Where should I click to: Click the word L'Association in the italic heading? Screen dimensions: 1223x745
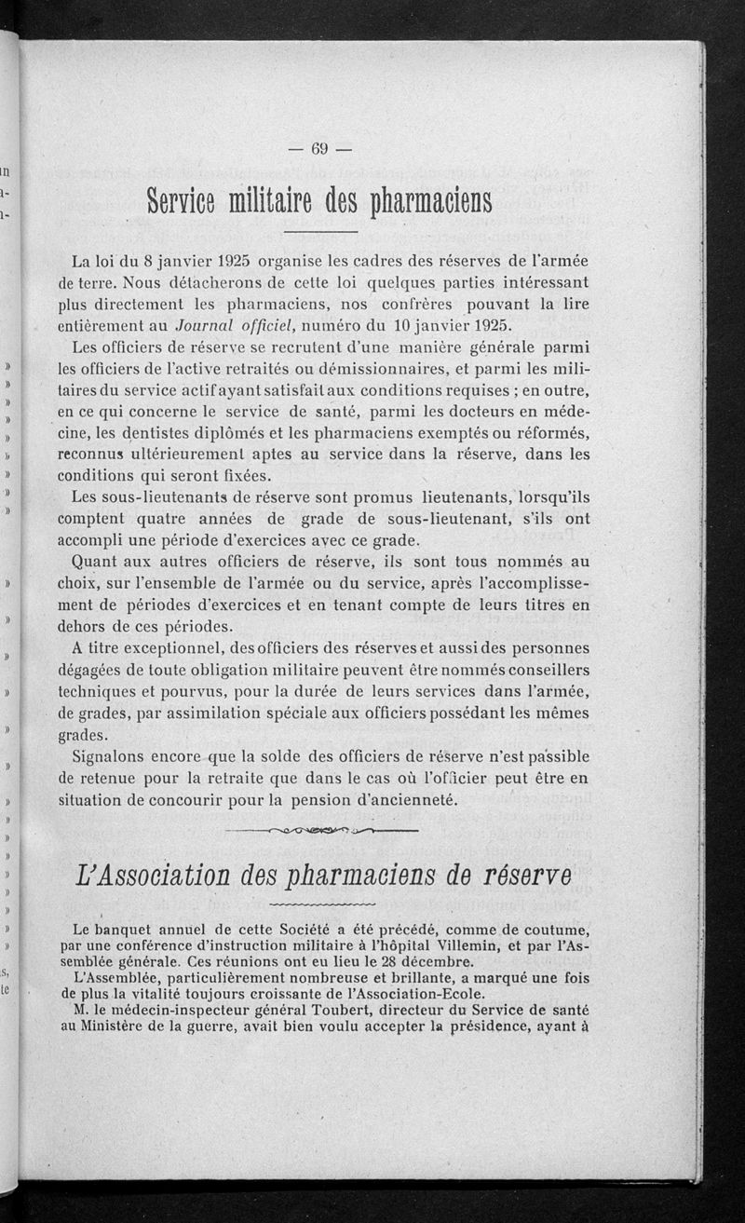click(x=153, y=876)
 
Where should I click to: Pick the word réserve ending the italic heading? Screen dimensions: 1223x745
click(x=527, y=876)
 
